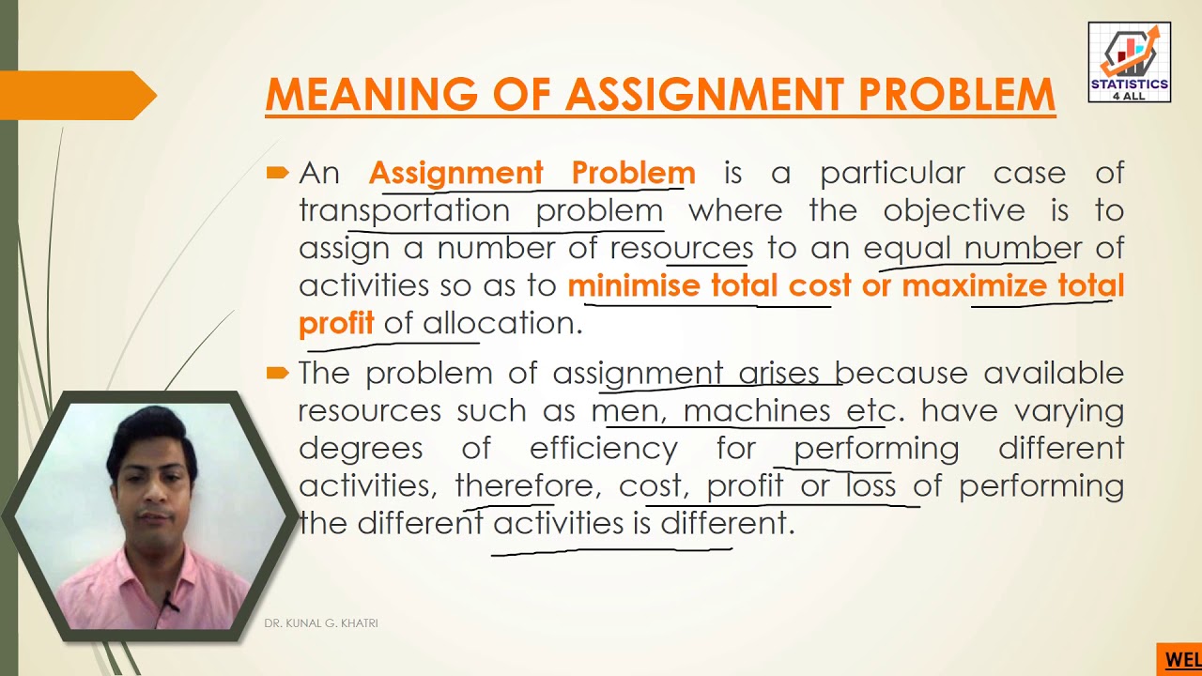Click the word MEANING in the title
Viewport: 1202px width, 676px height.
tap(371, 95)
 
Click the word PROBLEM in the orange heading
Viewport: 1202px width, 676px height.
tap(957, 95)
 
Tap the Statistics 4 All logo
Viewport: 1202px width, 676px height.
tap(1130, 62)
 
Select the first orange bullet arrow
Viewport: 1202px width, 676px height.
tap(277, 173)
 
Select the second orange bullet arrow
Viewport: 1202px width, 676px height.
tap(277, 373)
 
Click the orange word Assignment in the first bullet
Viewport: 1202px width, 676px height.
tap(456, 174)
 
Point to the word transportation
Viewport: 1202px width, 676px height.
tap(405, 211)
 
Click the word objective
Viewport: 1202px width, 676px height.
tap(954, 211)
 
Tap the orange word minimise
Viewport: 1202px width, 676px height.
tap(634, 285)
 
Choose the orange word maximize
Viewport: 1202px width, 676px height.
tap(974, 285)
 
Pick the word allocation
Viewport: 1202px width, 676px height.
tap(502, 323)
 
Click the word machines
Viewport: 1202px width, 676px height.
tap(757, 411)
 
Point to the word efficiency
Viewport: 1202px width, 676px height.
tap(604, 449)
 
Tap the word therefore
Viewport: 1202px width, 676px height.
tap(525, 486)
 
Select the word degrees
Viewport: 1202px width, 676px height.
tap(361, 450)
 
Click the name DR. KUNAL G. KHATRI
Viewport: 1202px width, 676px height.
tap(321, 623)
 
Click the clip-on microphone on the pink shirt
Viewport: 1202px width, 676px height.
tap(170, 602)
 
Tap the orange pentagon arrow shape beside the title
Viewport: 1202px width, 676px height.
tap(78, 95)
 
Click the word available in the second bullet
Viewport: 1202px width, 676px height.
tap(1054, 373)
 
